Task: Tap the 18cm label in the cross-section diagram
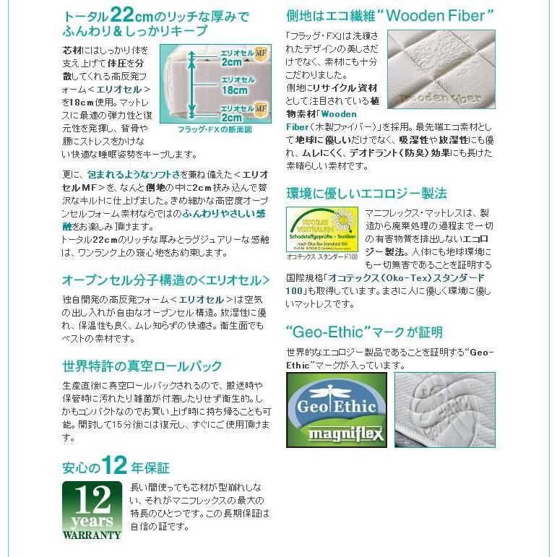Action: [x=234, y=90]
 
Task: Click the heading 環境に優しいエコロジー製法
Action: [x=366, y=193]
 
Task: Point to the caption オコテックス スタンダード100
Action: [x=322, y=256]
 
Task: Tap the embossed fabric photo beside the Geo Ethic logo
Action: [x=444, y=410]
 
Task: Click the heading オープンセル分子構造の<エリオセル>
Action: [x=166, y=280]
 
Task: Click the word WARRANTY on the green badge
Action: [x=92, y=535]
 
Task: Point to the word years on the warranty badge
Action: [x=92, y=521]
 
